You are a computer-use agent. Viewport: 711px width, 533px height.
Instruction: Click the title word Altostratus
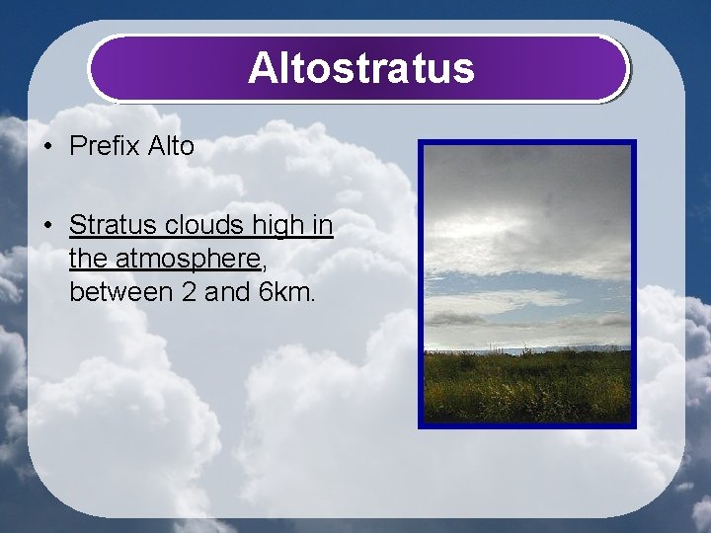point(360,69)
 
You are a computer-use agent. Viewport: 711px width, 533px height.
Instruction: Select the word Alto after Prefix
point(172,147)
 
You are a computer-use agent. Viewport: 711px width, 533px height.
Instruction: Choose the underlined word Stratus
point(107,225)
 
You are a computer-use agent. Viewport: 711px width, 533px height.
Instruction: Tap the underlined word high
point(278,226)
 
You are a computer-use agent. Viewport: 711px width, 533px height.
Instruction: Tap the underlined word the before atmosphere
point(89,259)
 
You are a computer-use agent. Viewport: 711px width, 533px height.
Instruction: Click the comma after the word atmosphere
point(264,265)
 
